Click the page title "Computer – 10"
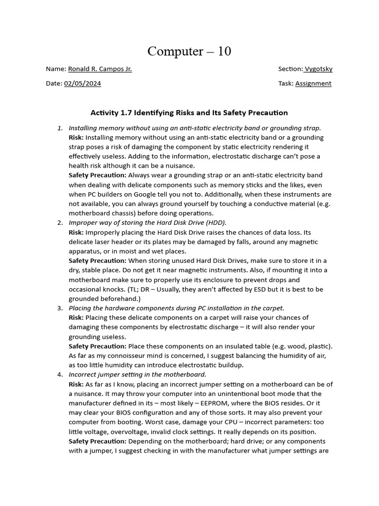coord(189,51)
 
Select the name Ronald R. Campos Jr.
coord(100,69)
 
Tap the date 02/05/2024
coord(82,84)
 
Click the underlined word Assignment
coord(313,84)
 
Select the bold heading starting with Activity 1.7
coord(189,113)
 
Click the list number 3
coord(60,308)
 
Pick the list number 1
coord(60,128)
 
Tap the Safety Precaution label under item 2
coord(97,260)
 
